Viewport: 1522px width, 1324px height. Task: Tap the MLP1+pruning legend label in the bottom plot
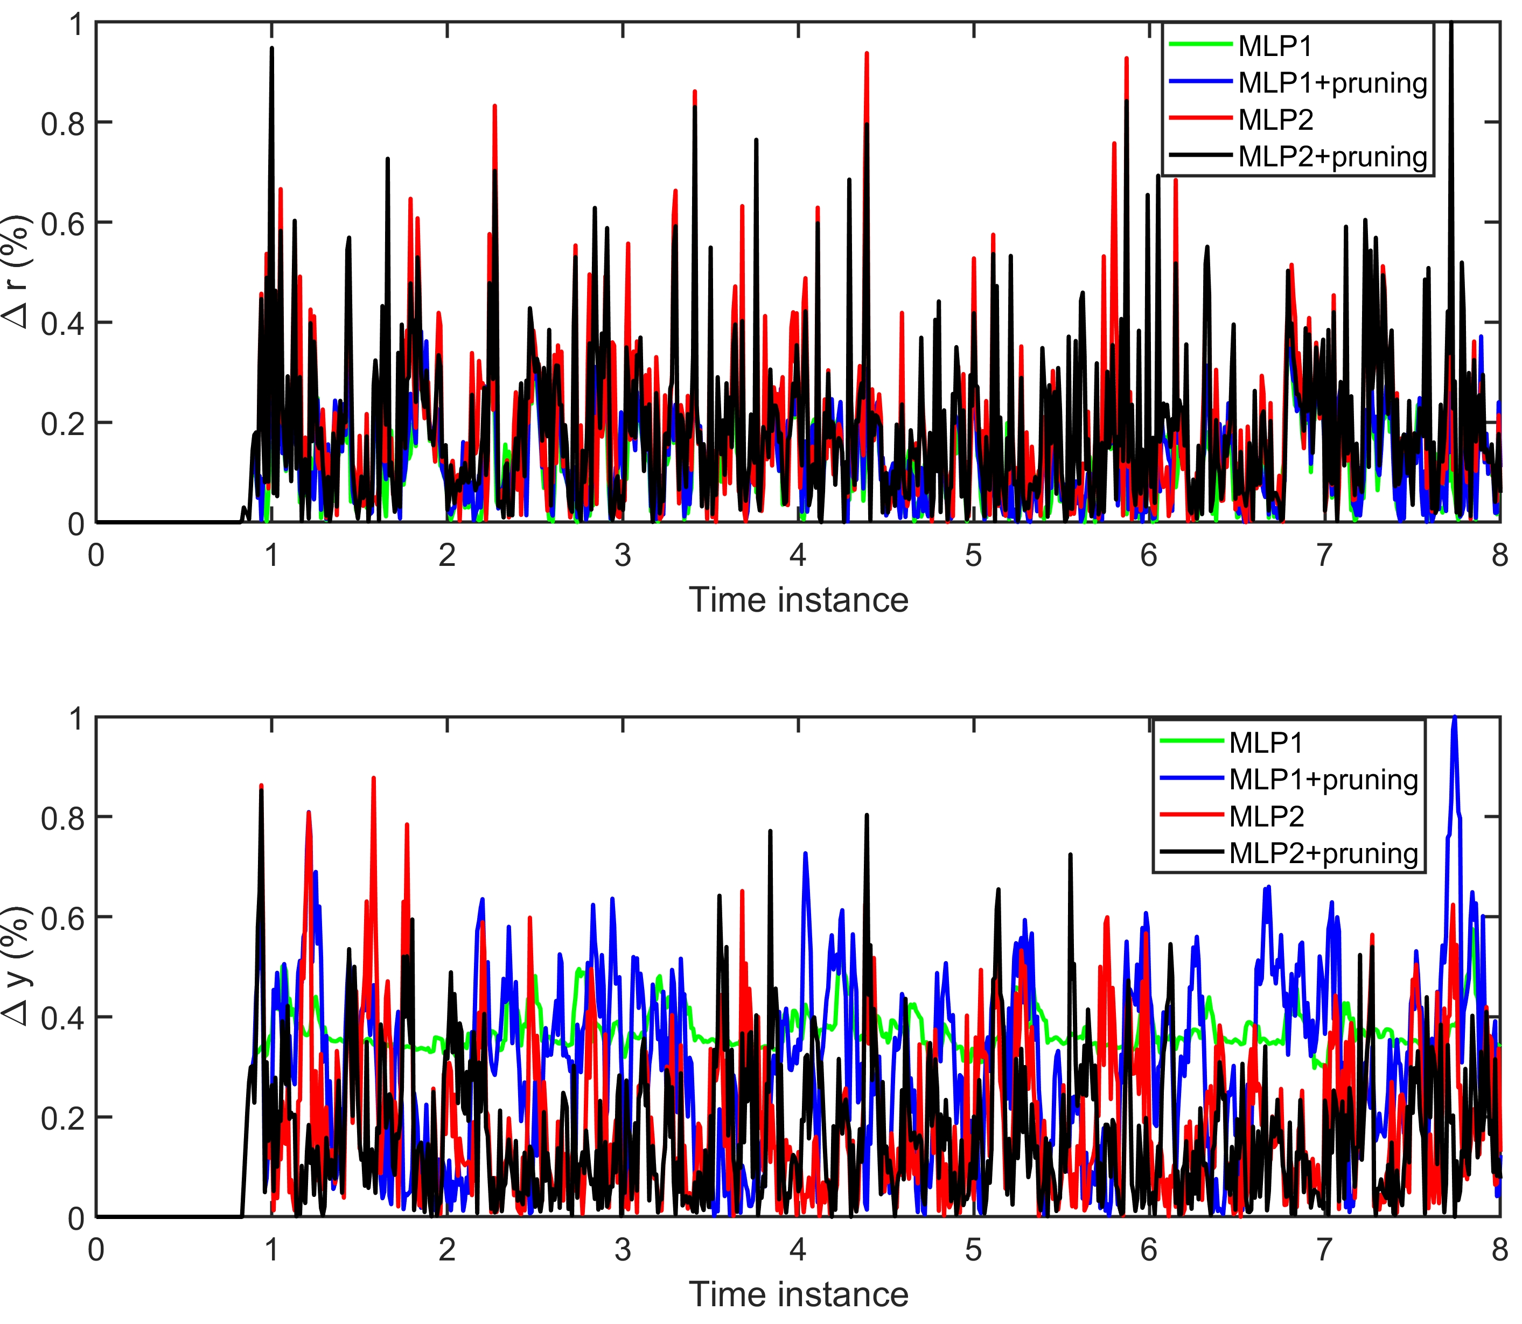[1323, 780]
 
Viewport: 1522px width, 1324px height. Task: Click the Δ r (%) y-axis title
[16, 272]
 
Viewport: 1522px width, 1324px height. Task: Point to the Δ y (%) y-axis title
[16, 966]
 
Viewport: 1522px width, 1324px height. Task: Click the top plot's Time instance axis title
[798, 600]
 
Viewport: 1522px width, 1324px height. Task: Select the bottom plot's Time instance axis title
[798, 1294]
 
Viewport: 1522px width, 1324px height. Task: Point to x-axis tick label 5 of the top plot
[973, 556]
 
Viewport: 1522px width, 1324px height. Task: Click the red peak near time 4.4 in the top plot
[867, 54]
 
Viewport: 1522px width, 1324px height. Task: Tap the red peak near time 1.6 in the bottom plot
[374, 779]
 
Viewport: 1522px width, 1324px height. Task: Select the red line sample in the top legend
[1200, 119]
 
